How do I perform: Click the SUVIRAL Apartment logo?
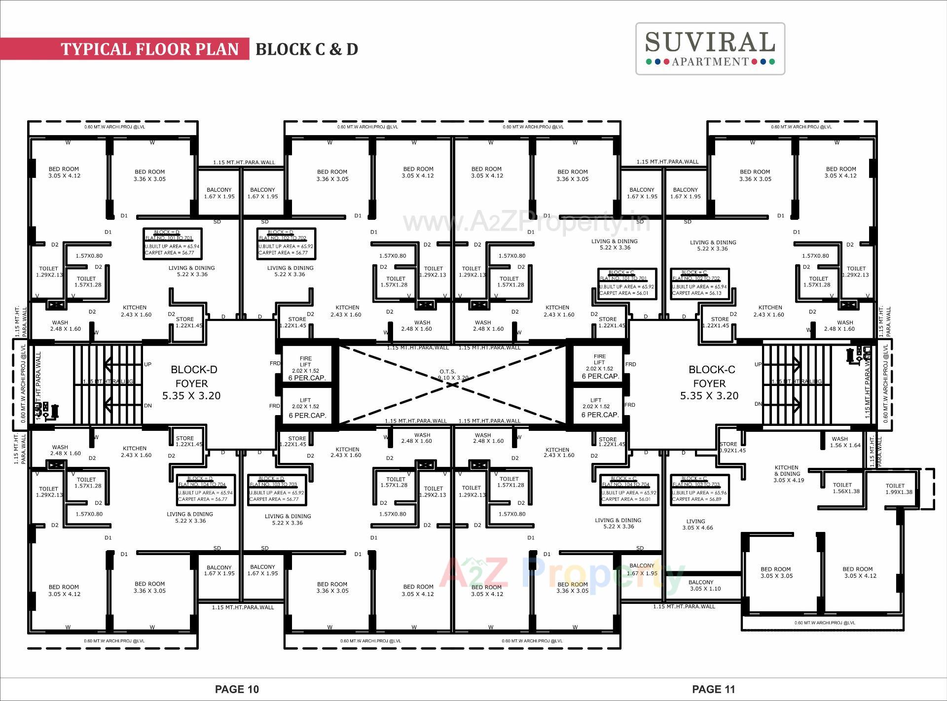pos(710,48)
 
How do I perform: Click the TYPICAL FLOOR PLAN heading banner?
pos(149,49)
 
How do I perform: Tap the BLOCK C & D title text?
pos(306,49)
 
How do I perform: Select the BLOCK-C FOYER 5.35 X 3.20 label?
pos(710,383)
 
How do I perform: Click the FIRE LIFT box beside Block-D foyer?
pos(306,368)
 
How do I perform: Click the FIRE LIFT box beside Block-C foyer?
pos(599,366)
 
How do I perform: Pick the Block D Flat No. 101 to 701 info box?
pos(172,243)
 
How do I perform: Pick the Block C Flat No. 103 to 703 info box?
pos(699,489)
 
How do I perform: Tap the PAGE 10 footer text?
pos(237,689)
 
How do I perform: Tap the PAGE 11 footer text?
pos(713,689)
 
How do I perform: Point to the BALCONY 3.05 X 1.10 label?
pos(705,586)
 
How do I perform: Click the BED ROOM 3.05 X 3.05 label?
pos(776,572)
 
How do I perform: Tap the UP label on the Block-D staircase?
pos(147,364)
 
